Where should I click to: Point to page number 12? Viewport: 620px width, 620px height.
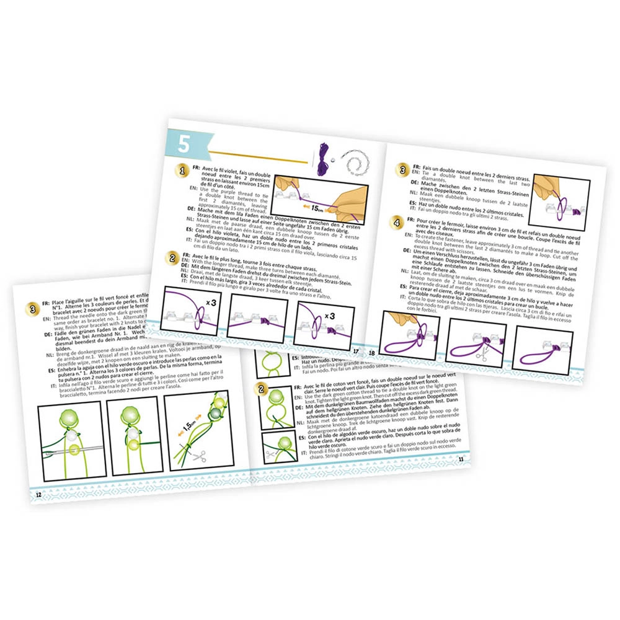pyautogui.click(x=39, y=494)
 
